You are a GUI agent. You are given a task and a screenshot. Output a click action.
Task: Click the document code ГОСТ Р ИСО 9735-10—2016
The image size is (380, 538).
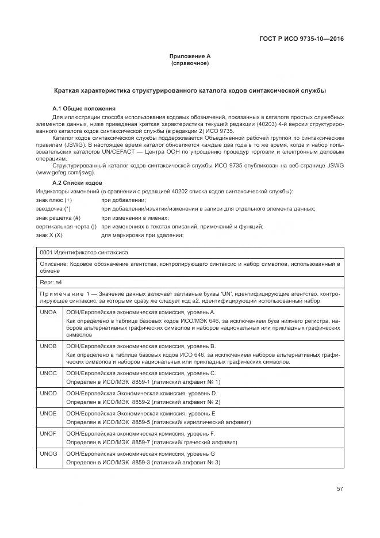[304, 40]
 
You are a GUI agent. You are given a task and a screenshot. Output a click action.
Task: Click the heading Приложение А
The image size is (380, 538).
[190, 56]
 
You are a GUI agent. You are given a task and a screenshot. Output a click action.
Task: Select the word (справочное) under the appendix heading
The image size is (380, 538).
[190, 63]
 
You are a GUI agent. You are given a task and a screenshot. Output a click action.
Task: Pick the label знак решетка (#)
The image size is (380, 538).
[58, 218]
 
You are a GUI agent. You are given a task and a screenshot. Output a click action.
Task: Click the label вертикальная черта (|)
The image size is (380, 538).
[66, 227]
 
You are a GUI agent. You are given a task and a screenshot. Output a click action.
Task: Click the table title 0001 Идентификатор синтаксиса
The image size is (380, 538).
[84, 252]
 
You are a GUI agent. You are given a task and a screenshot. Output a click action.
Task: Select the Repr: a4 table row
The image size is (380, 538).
[51, 283]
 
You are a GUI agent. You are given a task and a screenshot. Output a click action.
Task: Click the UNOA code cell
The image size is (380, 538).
[48, 312]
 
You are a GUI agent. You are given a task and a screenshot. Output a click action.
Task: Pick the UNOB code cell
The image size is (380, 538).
[48, 346]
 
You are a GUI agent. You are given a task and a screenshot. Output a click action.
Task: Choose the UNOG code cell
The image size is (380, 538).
[48, 454]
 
